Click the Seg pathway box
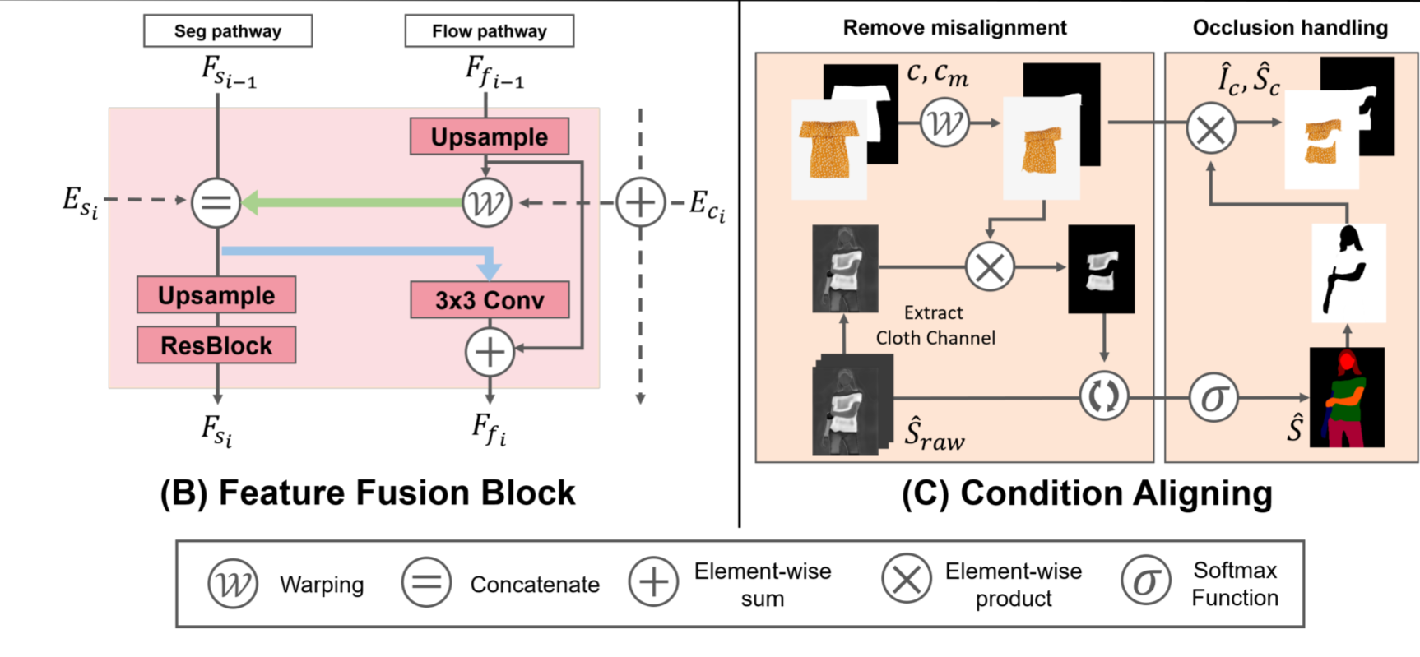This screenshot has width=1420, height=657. (228, 31)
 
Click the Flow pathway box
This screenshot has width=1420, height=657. (490, 31)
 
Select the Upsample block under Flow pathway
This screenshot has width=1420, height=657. (490, 136)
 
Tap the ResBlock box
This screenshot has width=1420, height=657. (216, 345)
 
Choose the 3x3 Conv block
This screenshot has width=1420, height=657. (490, 300)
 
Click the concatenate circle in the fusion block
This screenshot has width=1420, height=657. (216, 202)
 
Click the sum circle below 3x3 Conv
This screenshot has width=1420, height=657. (490, 352)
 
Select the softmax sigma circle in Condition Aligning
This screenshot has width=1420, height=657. (1213, 398)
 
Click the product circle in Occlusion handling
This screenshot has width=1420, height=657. (1210, 129)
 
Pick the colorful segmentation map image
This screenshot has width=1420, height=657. (1347, 397)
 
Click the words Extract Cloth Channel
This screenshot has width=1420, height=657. (935, 326)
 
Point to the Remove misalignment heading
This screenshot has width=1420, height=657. (954, 28)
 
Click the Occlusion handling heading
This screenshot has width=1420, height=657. (1290, 28)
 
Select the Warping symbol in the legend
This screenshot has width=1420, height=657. (233, 584)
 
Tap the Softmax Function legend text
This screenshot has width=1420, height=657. (1235, 584)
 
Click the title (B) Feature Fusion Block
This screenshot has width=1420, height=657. (368, 493)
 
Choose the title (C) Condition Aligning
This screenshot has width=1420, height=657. (1087, 493)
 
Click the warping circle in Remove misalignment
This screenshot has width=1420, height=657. (944, 123)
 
